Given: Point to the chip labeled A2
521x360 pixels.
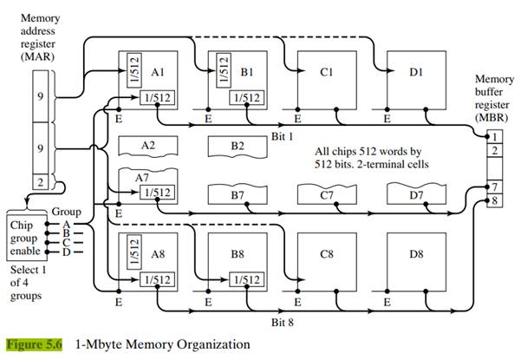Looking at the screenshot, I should (x=148, y=146).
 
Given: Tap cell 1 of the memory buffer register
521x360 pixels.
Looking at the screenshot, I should (x=493, y=136).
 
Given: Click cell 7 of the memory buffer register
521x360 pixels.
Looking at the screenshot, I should (x=493, y=187).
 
